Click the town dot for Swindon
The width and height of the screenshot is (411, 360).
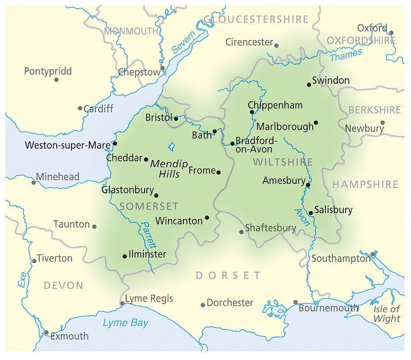click(x=309, y=84)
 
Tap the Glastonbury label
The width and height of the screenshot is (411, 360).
click(x=128, y=190)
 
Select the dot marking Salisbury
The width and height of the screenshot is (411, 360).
click(x=311, y=213)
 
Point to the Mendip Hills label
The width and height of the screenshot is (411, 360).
click(x=165, y=169)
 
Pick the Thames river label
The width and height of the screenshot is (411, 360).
click(x=346, y=56)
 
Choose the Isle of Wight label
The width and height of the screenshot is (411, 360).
click(x=387, y=314)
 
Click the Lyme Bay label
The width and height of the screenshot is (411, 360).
click(x=125, y=323)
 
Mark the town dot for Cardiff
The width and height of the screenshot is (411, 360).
click(x=80, y=108)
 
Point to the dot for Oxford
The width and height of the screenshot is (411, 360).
click(x=391, y=32)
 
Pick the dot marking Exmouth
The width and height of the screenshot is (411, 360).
click(x=46, y=333)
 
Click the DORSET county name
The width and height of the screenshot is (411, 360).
click(x=228, y=275)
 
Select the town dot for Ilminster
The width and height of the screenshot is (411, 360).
click(x=125, y=256)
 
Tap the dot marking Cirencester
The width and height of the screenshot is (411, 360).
click(x=276, y=46)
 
